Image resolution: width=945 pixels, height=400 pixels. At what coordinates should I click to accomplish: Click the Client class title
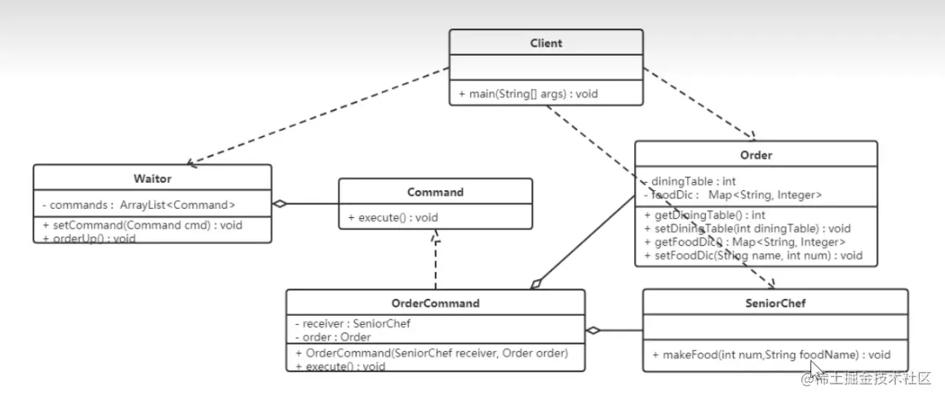pyautogui.click(x=545, y=43)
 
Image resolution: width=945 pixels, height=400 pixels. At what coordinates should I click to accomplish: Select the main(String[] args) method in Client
pyautogui.click(x=528, y=94)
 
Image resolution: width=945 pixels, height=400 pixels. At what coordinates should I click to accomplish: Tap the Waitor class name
pyautogui.click(x=152, y=178)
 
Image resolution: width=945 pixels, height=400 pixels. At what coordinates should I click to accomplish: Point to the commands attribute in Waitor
pyautogui.click(x=138, y=205)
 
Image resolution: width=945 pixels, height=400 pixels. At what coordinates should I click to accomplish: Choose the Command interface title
pyautogui.click(x=435, y=192)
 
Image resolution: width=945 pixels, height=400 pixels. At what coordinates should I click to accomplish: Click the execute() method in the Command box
pyautogui.click(x=382, y=218)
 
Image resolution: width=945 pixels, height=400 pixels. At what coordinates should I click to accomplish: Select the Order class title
pyautogui.click(x=756, y=155)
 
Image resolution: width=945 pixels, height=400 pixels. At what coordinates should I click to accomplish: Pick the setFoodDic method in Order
pyautogui.click(x=752, y=256)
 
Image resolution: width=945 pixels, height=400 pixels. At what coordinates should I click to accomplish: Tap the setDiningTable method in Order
pyautogui.click(x=747, y=229)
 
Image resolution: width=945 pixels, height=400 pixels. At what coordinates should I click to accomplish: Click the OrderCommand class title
pyautogui.click(x=434, y=303)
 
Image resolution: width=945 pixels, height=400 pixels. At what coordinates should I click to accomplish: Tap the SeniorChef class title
pyautogui.click(x=774, y=303)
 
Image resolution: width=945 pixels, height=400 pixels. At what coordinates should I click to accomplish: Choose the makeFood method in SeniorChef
pyautogui.click(x=770, y=355)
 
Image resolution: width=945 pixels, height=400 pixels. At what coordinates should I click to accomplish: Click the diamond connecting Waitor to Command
pyautogui.click(x=280, y=204)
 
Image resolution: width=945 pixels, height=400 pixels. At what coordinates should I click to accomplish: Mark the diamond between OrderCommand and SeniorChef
pyautogui.click(x=593, y=331)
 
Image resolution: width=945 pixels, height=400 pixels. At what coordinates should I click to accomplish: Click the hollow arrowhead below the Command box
pyautogui.click(x=436, y=234)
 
